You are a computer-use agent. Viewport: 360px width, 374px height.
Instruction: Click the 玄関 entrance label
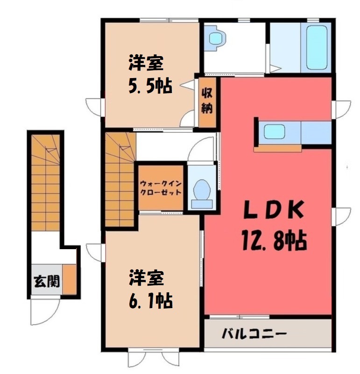tap(47, 281)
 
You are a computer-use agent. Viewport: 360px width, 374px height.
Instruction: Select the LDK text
tap(274, 210)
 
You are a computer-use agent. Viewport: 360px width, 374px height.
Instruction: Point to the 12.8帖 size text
tap(274, 240)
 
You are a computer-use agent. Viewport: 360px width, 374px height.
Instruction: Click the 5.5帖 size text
tap(150, 86)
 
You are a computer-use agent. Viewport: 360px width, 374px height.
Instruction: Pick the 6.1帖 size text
tap(150, 301)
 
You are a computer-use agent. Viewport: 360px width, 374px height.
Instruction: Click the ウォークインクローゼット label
tap(161, 188)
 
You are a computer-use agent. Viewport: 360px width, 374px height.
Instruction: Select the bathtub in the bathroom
tap(317, 47)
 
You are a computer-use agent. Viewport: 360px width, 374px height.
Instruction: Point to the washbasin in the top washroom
tap(217, 38)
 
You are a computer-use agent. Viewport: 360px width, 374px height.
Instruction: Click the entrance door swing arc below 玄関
tap(45, 312)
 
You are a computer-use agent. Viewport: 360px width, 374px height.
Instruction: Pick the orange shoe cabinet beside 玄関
tap(70, 279)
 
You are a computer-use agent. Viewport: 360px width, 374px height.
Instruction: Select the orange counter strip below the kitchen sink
tap(277, 148)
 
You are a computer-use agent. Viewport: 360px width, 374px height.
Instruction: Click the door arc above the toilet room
tap(201, 149)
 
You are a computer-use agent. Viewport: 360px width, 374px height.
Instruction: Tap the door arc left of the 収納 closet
tap(187, 118)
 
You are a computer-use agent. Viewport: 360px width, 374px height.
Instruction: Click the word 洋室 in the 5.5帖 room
tap(146, 63)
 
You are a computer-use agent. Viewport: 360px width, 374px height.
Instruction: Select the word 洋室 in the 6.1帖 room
tap(147, 278)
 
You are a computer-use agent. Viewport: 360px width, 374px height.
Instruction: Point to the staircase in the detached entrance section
tap(45, 182)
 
